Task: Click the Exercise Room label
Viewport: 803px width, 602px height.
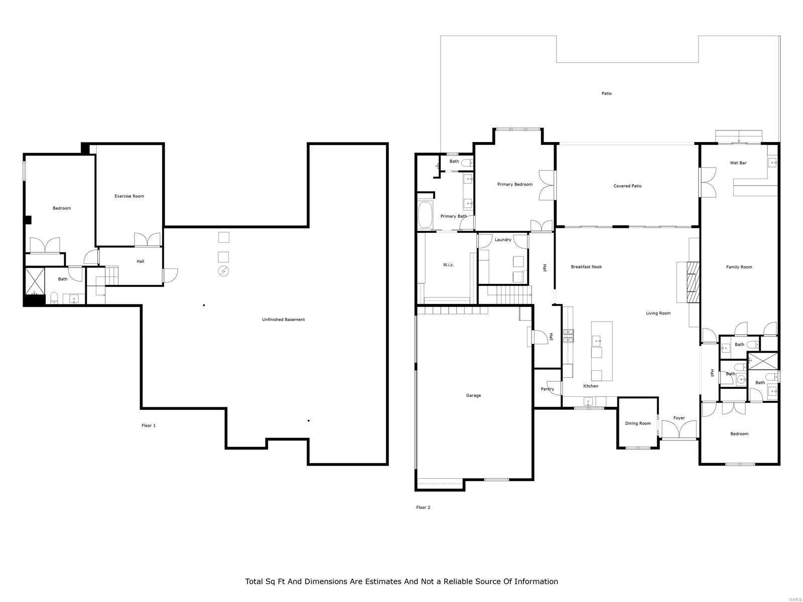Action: click(129, 196)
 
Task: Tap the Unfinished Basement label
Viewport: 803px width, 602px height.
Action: click(283, 320)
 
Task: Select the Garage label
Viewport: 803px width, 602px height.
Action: click(473, 395)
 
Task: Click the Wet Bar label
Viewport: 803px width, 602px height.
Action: click(738, 163)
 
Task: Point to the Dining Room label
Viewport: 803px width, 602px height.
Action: click(637, 423)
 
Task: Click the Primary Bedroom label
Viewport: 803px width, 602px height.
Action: click(514, 184)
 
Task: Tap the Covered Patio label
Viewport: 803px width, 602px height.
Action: click(627, 186)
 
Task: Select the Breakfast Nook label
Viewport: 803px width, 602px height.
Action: click(586, 267)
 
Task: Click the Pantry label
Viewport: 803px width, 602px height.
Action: click(547, 389)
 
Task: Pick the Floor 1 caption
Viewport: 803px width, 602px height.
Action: click(149, 425)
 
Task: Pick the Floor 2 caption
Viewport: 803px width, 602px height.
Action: click(423, 507)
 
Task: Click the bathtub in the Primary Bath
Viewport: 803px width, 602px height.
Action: click(425, 215)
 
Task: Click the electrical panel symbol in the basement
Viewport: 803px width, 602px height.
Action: click(223, 271)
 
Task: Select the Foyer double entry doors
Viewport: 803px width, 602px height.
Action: click(679, 430)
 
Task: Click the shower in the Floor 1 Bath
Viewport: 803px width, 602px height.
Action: click(35, 281)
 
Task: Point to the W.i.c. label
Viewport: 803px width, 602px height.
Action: click(448, 265)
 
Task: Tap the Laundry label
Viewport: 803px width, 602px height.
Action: click(503, 240)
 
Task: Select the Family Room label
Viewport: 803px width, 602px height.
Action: click(739, 267)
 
